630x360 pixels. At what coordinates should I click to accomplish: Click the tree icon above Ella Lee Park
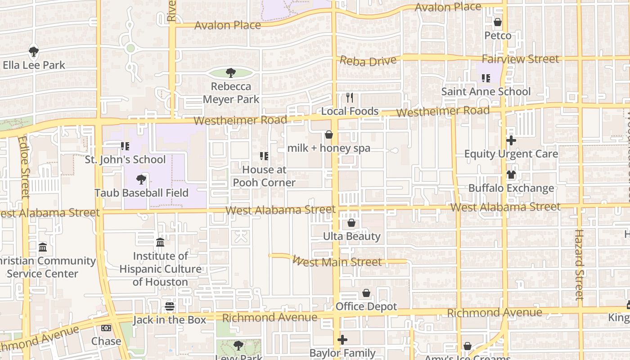(34, 52)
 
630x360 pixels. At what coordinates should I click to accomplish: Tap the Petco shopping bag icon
(498, 22)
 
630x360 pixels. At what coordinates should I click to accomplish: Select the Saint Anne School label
(486, 91)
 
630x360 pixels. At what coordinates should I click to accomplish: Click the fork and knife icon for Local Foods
(350, 97)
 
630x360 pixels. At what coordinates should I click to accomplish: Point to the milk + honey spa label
(329, 148)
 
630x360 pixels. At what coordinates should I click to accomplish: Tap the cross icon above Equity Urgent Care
(511, 140)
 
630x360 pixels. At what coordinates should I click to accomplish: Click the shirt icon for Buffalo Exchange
(511, 175)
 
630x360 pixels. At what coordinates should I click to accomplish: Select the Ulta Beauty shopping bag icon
(351, 223)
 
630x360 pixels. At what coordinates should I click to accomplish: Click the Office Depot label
(366, 306)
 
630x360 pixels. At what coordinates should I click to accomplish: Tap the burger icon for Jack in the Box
(170, 307)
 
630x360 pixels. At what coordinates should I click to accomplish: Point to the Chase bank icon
(106, 328)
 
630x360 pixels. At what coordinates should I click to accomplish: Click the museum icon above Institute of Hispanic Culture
(160, 243)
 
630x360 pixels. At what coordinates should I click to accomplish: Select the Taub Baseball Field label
(141, 193)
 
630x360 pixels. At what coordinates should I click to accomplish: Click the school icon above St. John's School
(125, 146)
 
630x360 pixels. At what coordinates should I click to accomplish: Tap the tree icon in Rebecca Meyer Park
(231, 72)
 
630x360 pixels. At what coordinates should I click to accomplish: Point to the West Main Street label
(337, 261)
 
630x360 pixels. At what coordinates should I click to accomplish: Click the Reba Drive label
(368, 60)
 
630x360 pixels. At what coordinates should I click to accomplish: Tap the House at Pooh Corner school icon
(264, 156)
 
